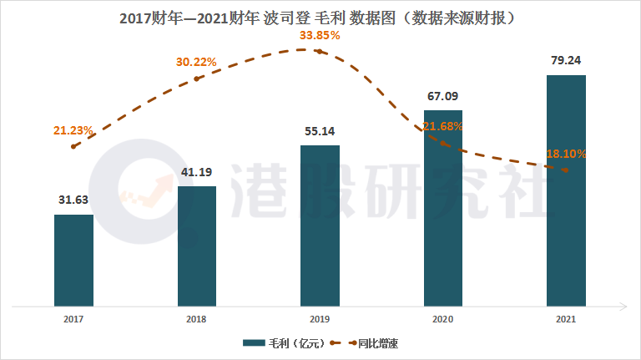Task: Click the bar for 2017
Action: [73, 260]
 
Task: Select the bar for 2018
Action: [197, 246]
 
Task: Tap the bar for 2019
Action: [320, 226]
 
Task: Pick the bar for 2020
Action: [443, 208]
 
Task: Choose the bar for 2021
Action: [566, 190]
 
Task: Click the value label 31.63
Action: [73, 200]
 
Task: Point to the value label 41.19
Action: [197, 172]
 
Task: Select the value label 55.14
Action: [320, 131]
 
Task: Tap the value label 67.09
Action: [443, 96]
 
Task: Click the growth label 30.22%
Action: [196, 62]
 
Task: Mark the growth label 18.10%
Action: [567, 154]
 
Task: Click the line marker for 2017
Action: [73, 146]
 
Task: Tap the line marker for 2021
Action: [566, 170]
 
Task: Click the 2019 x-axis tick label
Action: [320, 318]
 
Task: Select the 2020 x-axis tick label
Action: [443, 318]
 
